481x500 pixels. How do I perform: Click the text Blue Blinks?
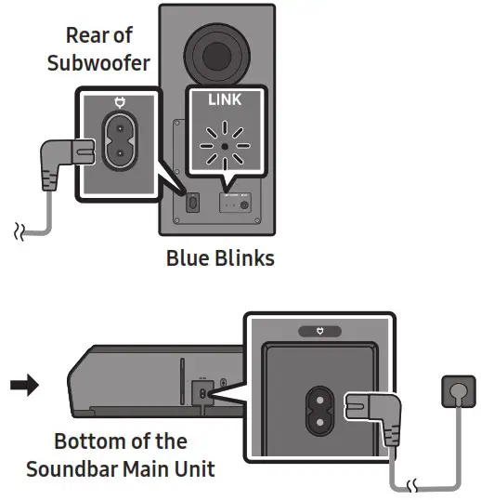[220, 257]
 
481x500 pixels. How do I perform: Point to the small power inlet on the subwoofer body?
[191, 202]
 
